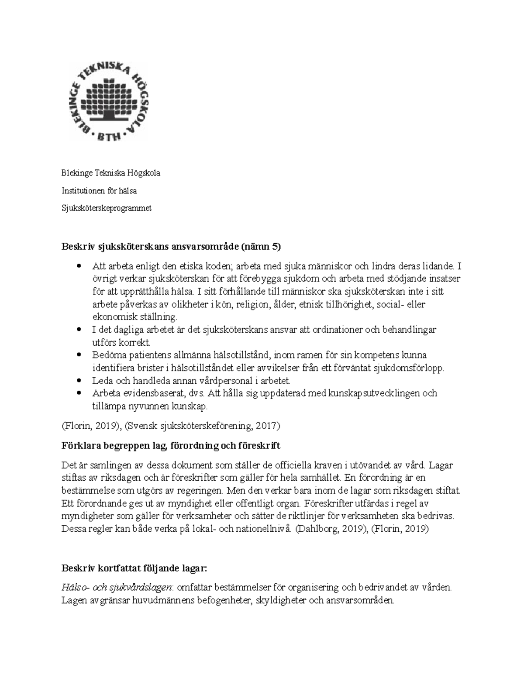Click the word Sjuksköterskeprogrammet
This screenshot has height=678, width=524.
click(106, 208)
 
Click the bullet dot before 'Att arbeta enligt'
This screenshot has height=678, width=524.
click(79, 265)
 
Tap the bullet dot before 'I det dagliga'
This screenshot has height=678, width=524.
click(79, 329)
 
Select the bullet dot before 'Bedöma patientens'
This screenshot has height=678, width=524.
click(79, 354)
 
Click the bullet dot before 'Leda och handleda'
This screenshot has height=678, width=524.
click(79, 380)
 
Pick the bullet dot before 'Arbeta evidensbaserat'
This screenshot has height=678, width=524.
click(79, 393)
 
